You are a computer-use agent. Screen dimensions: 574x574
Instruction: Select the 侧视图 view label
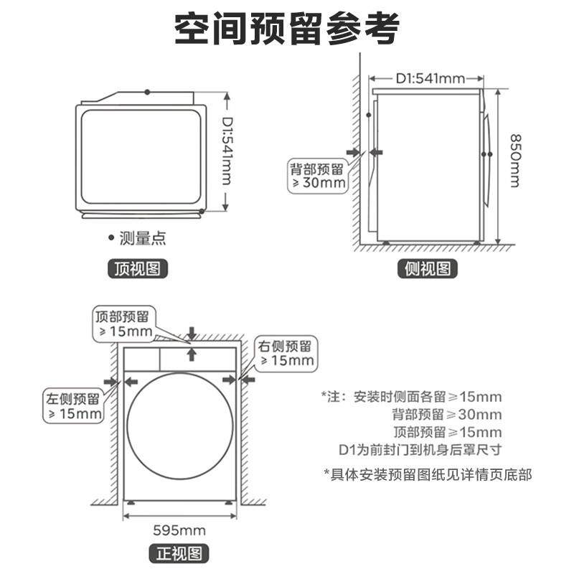[x=428, y=269]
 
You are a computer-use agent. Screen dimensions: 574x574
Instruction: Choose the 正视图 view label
[x=179, y=553]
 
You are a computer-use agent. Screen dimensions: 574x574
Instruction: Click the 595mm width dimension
[x=179, y=530]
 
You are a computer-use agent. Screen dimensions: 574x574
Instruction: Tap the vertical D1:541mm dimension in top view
[x=226, y=152]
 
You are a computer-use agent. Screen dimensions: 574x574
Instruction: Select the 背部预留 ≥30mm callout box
[x=317, y=175]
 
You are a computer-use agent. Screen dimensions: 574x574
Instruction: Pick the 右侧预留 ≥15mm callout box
[x=286, y=353]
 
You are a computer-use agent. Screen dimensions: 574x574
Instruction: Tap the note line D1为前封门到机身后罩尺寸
[x=419, y=450]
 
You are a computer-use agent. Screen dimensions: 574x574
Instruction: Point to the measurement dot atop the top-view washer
[x=147, y=92]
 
